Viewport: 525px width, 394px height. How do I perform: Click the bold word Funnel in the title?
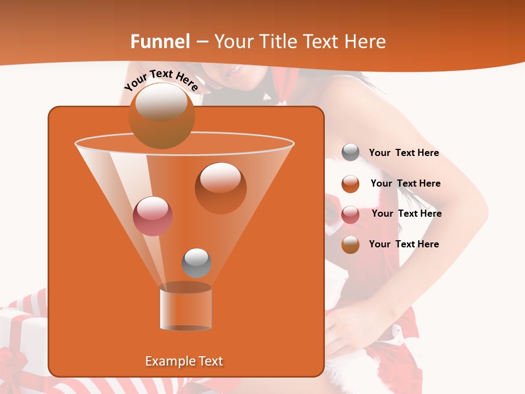tap(160, 42)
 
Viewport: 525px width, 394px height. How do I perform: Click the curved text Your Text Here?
tap(161, 80)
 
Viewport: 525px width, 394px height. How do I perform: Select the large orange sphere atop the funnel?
tap(161, 115)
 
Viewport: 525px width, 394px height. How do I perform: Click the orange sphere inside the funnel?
tap(220, 188)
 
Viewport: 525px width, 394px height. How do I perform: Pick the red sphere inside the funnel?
tap(153, 216)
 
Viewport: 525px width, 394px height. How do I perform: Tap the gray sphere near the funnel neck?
tap(196, 263)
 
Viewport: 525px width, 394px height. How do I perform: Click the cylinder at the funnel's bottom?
tap(185, 308)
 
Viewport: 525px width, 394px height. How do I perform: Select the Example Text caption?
tap(184, 361)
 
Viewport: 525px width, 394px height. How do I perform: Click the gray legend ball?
tap(351, 153)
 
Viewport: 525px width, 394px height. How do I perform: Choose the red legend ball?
tap(351, 215)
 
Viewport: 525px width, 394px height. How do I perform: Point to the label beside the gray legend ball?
tap(404, 153)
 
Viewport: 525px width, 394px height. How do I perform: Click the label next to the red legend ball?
tap(406, 213)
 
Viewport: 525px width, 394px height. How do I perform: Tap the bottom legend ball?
tap(351, 245)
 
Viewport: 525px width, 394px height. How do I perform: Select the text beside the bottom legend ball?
tap(404, 244)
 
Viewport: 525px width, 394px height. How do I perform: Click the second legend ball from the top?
tap(351, 184)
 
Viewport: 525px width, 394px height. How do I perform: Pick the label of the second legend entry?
tap(405, 183)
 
